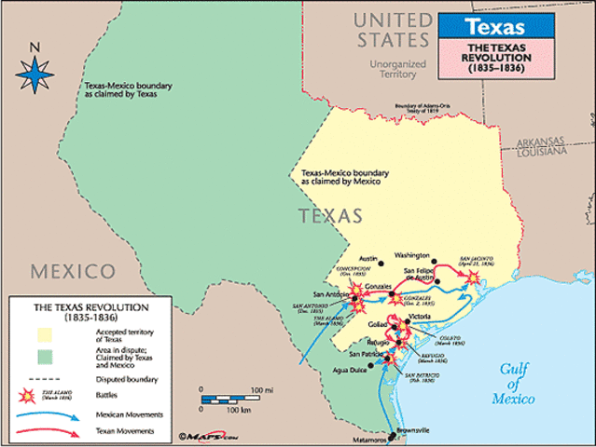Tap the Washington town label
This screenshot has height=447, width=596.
click(411, 255)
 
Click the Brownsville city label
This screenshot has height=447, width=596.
click(413, 430)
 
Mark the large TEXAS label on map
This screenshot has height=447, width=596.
click(329, 216)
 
